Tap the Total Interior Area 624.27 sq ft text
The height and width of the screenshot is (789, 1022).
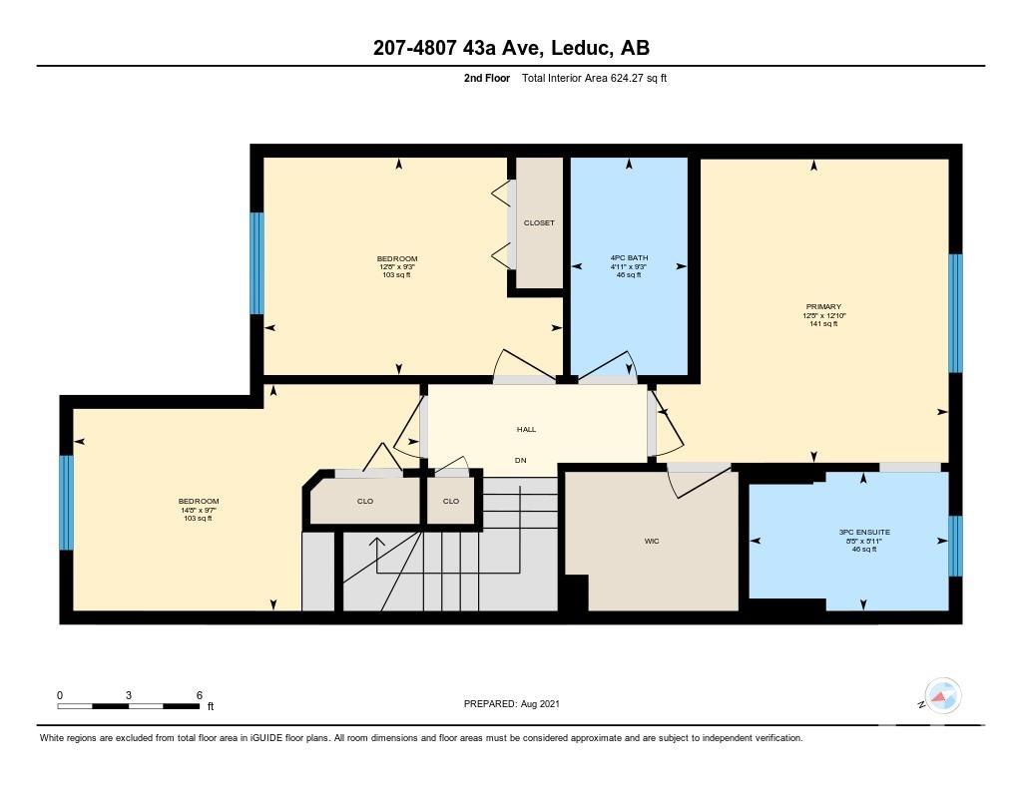tap(594, 78)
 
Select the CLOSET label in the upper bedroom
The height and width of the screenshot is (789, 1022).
tap(539, 222)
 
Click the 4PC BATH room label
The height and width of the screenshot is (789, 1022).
tap(629, 258)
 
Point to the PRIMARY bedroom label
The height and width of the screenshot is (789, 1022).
tap(823, 307)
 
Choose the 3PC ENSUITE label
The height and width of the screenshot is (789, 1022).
tap(864, 533)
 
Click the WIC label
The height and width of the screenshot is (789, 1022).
tap(652, 541)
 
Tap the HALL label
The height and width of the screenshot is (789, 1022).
tap(527, 429)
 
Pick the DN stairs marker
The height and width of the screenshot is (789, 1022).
tap(521, 461)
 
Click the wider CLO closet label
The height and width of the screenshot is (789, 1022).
tap(365, 501)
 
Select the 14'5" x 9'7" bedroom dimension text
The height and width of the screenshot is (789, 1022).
tap(199, 510)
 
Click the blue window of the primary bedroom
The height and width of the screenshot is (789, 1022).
tap(955, 313)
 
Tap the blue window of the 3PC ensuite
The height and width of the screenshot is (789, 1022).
tap(955, 546)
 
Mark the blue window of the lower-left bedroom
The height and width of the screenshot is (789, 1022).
tap(67, 503)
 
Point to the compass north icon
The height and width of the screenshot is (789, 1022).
tap(942, 695)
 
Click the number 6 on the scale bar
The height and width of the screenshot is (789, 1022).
tap(200, 695)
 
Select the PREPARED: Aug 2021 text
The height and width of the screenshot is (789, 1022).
tap(512, 703)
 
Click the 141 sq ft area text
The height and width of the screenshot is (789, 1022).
tap(823, 324)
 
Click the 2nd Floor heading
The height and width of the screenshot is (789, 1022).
tap(487, 78)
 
